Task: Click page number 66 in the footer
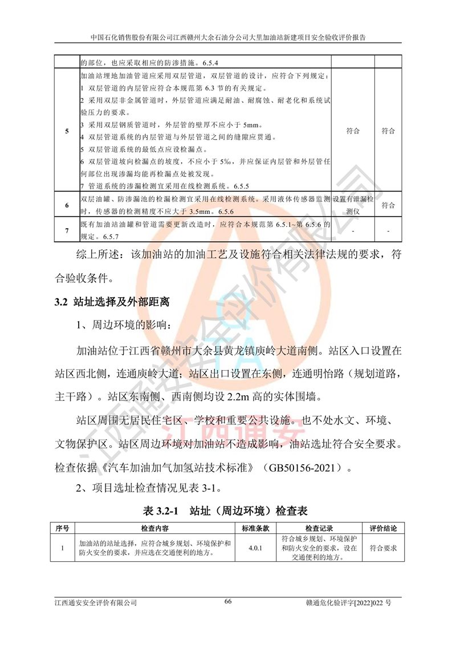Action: (x=227, y=602)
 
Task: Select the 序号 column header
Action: (x=64, y=529)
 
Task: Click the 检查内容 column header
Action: (x=154, y=529)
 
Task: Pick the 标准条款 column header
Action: (x=255, y=529)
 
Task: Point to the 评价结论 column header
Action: (x=383, y=529)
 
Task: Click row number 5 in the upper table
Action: (x=67, y=131)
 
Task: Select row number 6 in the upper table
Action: (x=67, y=205)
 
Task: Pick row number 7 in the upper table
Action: (x=67, y=230)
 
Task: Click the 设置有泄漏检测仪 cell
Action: (x=353, y=205)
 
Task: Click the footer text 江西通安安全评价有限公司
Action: (x=96, y=602)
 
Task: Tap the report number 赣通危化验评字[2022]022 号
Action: (x=353, y=602)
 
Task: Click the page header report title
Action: (x=228, y=36)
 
